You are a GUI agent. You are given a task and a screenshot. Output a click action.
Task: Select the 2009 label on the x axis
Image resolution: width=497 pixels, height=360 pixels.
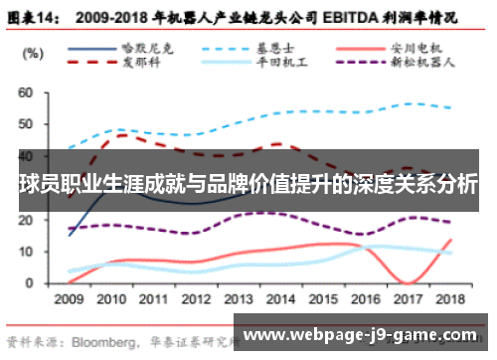coord(69,298)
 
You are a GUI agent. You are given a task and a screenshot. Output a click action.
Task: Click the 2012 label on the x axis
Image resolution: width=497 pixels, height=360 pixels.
coord(196,298)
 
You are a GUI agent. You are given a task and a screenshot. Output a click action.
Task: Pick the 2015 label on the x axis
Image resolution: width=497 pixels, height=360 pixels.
coord(324,298)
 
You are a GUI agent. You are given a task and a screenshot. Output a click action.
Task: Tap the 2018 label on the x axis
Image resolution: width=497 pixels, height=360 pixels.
coord(451,298)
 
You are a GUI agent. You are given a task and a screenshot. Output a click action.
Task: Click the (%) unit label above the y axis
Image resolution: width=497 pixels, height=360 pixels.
coord(33,52)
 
